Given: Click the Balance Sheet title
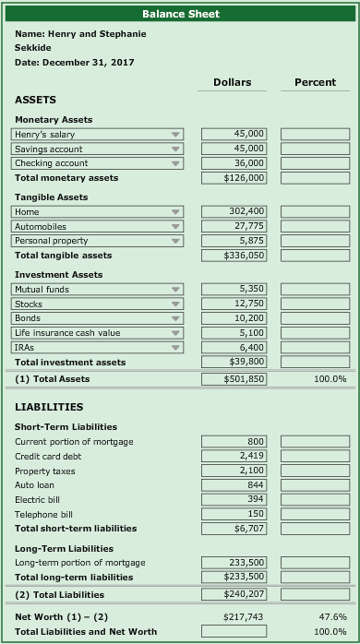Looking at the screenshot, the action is [x=180, y=14].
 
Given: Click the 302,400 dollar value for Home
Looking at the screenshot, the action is [x=234, y=212].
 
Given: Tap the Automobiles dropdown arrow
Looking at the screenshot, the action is [x=175, y=227].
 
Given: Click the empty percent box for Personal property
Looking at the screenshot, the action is [x=315, y=241].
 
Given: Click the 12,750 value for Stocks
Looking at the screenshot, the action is [x=234, y=304].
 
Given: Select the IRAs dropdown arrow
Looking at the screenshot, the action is [x=175, y=348].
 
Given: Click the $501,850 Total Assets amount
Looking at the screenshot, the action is [x=234, y=379].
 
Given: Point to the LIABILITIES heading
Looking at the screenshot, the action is [x=49, y=407].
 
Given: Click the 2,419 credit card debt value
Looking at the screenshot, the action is [x=234, y=457].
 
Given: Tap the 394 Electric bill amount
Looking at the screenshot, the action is [x=234, y=499].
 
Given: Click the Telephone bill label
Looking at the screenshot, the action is [x=46, y=514].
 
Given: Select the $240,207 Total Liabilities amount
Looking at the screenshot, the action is [x=234, y=595].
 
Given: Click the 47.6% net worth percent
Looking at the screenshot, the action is [x=332, y=616].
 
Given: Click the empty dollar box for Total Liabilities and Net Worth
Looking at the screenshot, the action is [x=234, y=631].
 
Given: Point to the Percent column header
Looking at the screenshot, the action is [x=315, y=82].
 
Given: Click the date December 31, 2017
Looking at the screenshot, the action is [x=75, y=62].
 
